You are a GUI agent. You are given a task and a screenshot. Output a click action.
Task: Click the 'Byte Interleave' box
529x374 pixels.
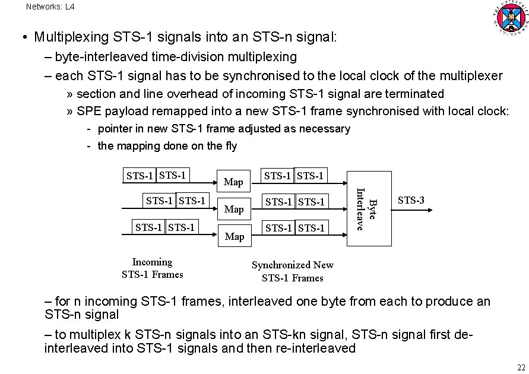click(369, 208)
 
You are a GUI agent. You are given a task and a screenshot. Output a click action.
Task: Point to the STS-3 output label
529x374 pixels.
click(411, 200)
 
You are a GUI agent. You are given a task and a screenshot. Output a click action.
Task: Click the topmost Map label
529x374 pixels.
click(234, 182)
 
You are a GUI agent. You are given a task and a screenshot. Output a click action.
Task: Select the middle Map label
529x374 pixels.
click(234, 209)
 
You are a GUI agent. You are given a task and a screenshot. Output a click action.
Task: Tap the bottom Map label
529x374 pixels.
click(234, 236)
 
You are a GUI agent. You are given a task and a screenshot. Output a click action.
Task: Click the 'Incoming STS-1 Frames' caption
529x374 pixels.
click(152, 268)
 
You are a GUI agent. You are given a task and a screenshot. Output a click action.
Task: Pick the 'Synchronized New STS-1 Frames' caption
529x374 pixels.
click(293, 271)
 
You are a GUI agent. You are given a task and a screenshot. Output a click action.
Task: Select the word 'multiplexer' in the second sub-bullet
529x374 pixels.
click(471, 76)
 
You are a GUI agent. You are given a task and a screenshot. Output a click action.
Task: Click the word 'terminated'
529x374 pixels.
click(415, 94)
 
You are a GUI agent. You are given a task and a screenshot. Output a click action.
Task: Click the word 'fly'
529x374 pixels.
click(229, 146)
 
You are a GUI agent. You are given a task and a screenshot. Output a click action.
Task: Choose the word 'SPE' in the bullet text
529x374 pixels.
click(90, 111)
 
